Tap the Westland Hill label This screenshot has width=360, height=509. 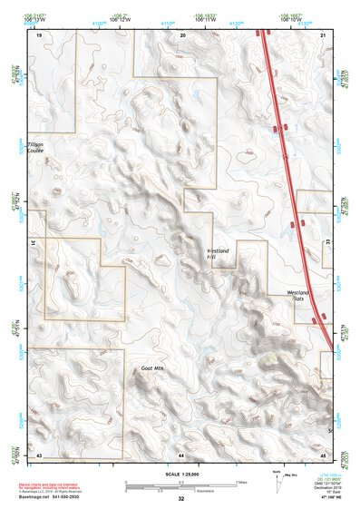[218, 254]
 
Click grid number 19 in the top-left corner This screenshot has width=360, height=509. [40, 35]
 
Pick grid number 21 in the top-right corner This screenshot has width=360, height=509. [324, 35]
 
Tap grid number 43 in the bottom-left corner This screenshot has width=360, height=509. [39, 454]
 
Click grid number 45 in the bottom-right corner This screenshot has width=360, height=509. [323, 454]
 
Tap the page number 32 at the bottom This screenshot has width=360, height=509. [180, 499]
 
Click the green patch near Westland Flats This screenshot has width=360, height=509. [268, 359]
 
